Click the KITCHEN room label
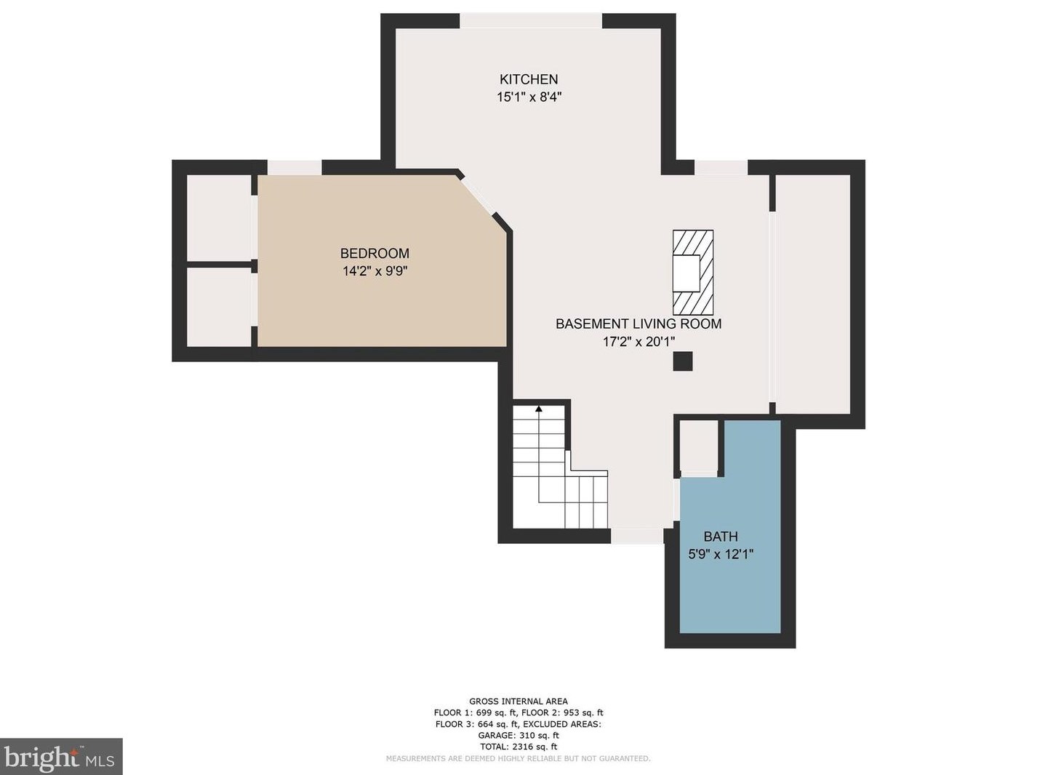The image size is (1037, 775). (x=529, y=79)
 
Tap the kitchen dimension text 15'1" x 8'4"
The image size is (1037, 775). (x=529, y=97)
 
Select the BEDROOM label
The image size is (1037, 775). (x=375, y=253)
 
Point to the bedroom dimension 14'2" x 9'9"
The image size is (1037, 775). (x=375, y=271)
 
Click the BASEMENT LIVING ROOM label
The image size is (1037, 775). (x=638, y=324)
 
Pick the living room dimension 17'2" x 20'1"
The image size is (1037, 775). (x=638, y=342)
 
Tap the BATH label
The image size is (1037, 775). (x=721, y=537)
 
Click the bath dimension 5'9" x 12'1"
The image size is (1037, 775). (x=721, y=554)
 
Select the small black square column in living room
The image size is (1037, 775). (x=682, y=361)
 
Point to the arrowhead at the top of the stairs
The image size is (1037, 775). (x=539, y=409)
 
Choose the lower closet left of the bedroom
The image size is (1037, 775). (x=219, y=307)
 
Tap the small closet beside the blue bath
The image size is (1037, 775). (x=699, y=446)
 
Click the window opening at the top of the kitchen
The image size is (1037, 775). (x=531, y=21)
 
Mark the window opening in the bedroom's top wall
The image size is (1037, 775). (x=295, y=168)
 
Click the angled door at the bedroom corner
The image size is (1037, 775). (x=478, y=195)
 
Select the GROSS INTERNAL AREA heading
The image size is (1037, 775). (x=518, y=702)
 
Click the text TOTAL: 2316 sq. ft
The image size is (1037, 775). (x=518, y=747)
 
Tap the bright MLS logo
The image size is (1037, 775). (x=61, y=757)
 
